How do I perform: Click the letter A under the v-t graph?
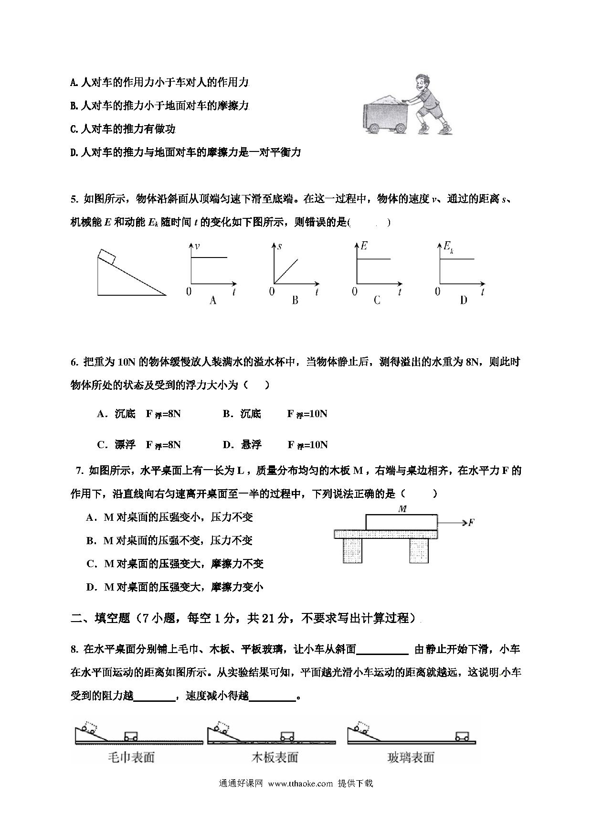point(213,300)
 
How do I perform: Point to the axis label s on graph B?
point(279,247)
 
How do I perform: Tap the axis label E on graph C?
point(364,247)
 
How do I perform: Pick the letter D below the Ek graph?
point(463,300)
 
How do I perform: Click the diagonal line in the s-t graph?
point(286,271)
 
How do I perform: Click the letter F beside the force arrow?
point(471,522)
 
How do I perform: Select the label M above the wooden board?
point(402,509)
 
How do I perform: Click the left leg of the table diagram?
point(352,550)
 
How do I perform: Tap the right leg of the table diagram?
point(419,550)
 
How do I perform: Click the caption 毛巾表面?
point(131,757)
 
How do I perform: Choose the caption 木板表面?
point(275,757)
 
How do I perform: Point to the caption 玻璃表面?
point(411,757)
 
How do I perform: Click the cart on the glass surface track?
point(462,736)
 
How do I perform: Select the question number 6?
point(74,362)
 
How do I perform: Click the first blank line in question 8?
point(382,649)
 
